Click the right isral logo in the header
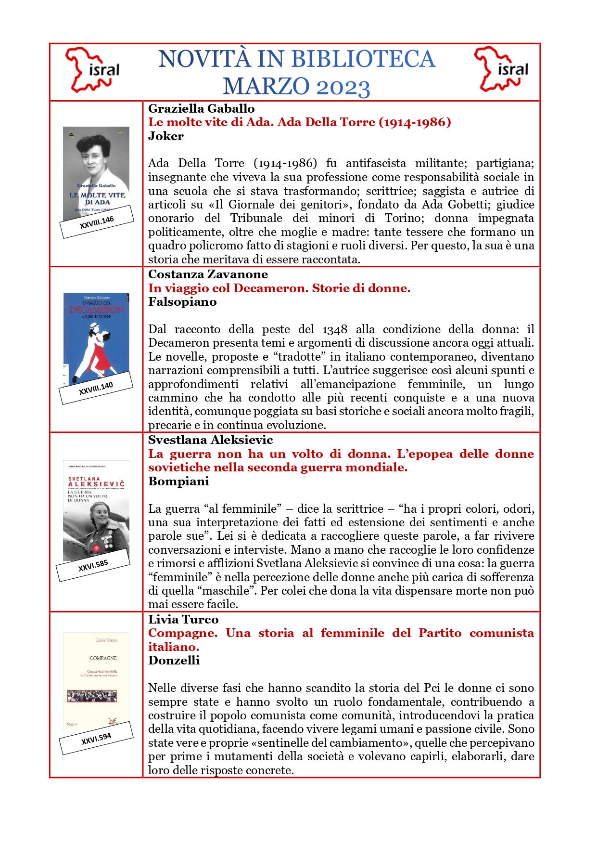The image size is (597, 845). tap(501, 70)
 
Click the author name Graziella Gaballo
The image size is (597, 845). tap(201, 109)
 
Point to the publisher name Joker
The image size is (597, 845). tap(165, 136)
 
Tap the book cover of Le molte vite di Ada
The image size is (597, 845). tap(96, 169)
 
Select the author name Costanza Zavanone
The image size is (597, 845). tap(208, 274)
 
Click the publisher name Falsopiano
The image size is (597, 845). tap(182, 302)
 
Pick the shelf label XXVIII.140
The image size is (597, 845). tap(96, 388)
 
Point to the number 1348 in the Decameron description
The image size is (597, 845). tap(334, 330)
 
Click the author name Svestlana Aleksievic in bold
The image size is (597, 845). tap(210, 440)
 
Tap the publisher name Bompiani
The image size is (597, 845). tap(178, 481)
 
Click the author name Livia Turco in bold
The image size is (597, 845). tap(183, 620)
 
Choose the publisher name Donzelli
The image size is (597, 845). tap(174, 661)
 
